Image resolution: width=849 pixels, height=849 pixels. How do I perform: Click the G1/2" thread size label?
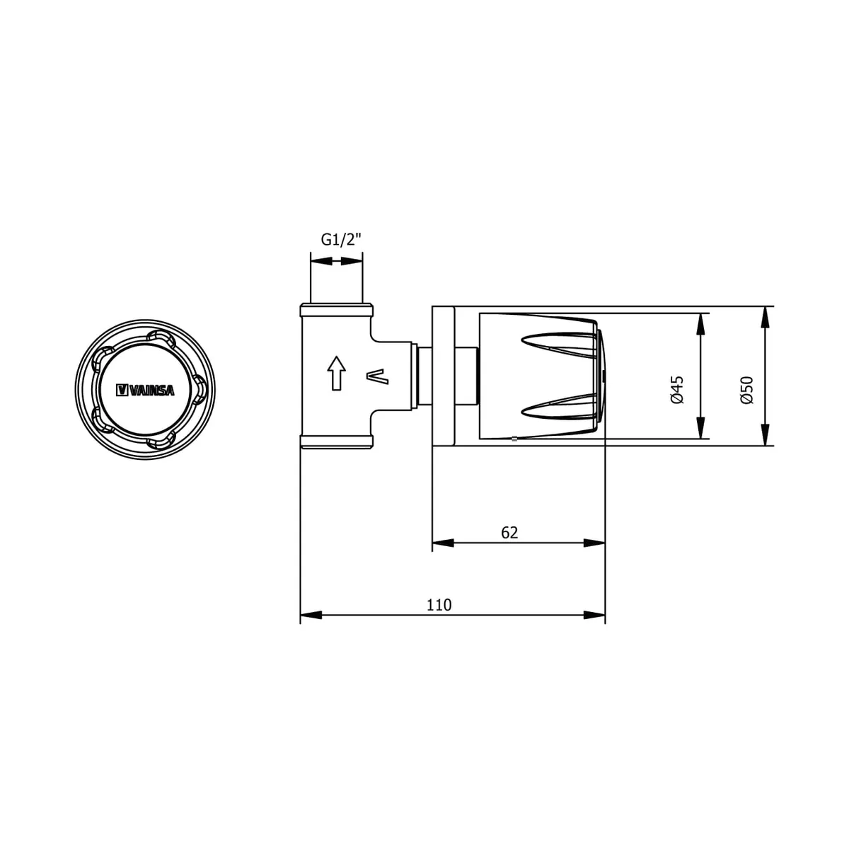[340, 240]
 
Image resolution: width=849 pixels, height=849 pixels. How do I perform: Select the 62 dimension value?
[509, 533]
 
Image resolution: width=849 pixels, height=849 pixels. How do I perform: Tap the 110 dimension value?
[439, 605]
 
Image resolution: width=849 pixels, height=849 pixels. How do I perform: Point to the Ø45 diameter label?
[676, 390]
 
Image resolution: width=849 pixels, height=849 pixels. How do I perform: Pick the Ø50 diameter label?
[747, 390]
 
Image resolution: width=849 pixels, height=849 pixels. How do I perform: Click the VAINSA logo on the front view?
[145, 390]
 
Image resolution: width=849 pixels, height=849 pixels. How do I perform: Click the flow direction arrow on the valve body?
[336, 373]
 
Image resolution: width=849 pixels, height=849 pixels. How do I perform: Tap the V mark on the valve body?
[378, 376]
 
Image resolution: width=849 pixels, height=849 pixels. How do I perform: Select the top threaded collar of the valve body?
[337, 310]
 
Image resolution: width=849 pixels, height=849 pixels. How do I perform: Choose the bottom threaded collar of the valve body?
[337, 442]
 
